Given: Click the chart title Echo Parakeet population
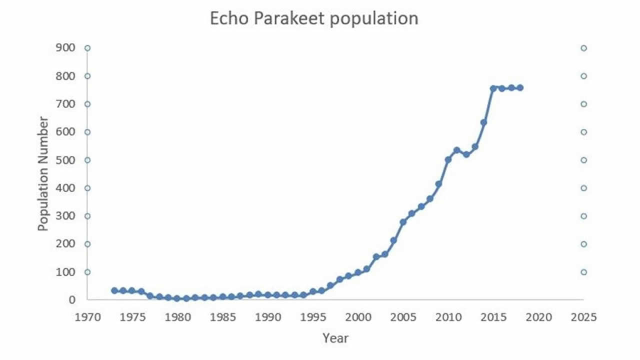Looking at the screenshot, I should coord(313,18).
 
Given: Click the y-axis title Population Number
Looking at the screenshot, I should coord(43,173).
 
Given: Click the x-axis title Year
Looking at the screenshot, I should coord(335,338).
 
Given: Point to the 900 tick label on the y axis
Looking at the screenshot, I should coord(65,48).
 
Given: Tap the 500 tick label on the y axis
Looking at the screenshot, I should coord(65,160).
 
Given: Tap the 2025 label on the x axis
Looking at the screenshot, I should coord(583,317).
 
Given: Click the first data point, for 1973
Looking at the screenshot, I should coord(114,290).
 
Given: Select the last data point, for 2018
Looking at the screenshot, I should coord(520,87).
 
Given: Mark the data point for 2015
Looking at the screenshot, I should coord(493,88).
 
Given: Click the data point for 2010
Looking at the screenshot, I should coord(448,160).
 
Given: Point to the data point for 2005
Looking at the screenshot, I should coord(403,222).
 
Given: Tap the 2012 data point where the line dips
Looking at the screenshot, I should coord(466,154).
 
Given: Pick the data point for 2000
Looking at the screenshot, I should coord(358,272).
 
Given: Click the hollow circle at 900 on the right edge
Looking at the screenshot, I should coord(583,48).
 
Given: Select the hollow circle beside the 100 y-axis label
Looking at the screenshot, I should coord(87,272).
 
